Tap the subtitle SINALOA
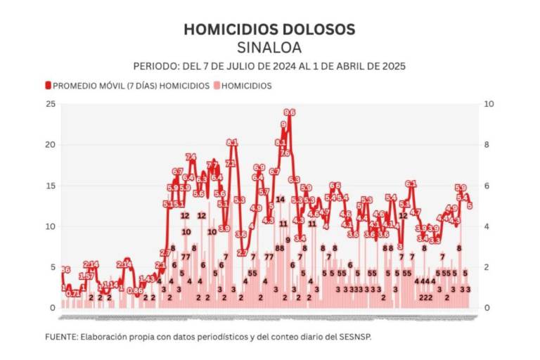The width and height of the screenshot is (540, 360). (x=269, y=47)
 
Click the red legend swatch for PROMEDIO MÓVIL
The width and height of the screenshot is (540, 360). (x=48, y=86)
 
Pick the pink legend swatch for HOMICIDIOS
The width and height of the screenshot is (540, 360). (x=217, y=86)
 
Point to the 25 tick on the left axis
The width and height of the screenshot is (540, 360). (x=50, y=104)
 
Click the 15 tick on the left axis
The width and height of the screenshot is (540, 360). (x=50, y=186)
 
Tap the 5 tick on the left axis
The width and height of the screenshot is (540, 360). (x=52, y=267)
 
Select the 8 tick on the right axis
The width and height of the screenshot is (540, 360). (x=489, y=145)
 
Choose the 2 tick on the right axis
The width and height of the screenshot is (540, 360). (x=489, y=267)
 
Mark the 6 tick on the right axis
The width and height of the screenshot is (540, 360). (x=489, y=186)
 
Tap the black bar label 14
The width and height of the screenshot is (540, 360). (x=281, y=199)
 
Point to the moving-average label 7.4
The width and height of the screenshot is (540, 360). (x=191, y=157)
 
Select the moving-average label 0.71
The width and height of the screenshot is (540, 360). (x=73, y=293)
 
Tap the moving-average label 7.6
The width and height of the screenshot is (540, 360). (x=285, y=153)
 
